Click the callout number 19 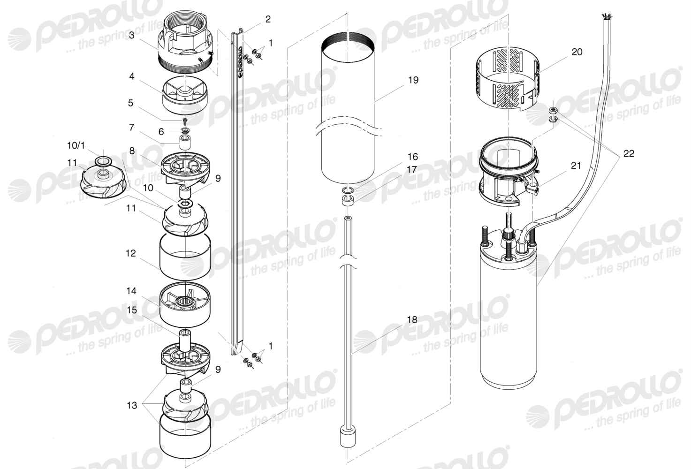pyautogui.click(x=413, y=80)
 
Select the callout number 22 pyautogui.click(x=629, y=153)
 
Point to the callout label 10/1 pyautogui.click(x=76, y=145)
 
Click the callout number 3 pyautogui.click(x=132, y=36)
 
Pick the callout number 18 pyautogui.click(x=412, y=319)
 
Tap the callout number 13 pyautogui.click(x=132, y=405)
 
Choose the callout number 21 pyautogui.click(x=576, y=166)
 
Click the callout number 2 pyautogui.click(x=268, y=19)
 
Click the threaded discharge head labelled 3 pyautogui.click(x=186, y=44)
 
